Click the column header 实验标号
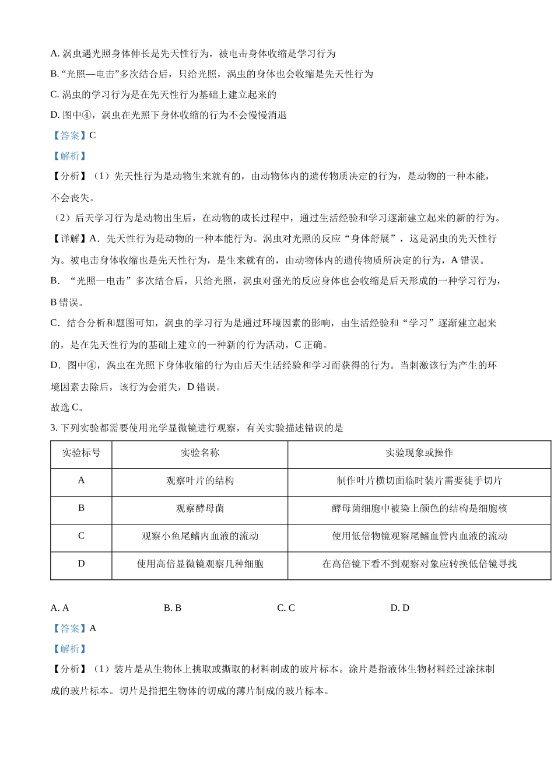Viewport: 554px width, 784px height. [x=81, y=453]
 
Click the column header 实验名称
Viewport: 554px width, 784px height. [x=200, y=453]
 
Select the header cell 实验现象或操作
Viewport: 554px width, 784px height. [x=419, y=453]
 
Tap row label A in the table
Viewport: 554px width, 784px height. [x=81, y=480]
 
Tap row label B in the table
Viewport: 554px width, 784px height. [x=81, y=508]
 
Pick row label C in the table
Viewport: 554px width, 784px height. [x=81, y=535]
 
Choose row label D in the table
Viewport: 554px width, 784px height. [x=81, y=563]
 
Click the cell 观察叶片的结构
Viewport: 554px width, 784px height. [x=200, y=481]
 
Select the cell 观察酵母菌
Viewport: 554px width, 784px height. [x=200, y=508]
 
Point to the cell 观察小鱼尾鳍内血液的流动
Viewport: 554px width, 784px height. [x=200, y=536]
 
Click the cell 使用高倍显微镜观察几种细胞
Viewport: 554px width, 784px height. [x=200, y=564]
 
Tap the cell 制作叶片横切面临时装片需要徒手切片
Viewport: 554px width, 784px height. [x=419, y=481]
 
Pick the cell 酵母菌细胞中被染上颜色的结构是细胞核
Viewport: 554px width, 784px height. [x=419, y=508]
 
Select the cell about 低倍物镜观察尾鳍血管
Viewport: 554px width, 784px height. [x=419, y=536]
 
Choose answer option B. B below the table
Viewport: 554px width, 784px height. [x=173, y=608]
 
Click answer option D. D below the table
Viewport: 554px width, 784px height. [x=399, y=608]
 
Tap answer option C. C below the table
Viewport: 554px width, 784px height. [x=286, y=608]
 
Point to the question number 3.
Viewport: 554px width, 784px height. [x=53, y=428]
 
